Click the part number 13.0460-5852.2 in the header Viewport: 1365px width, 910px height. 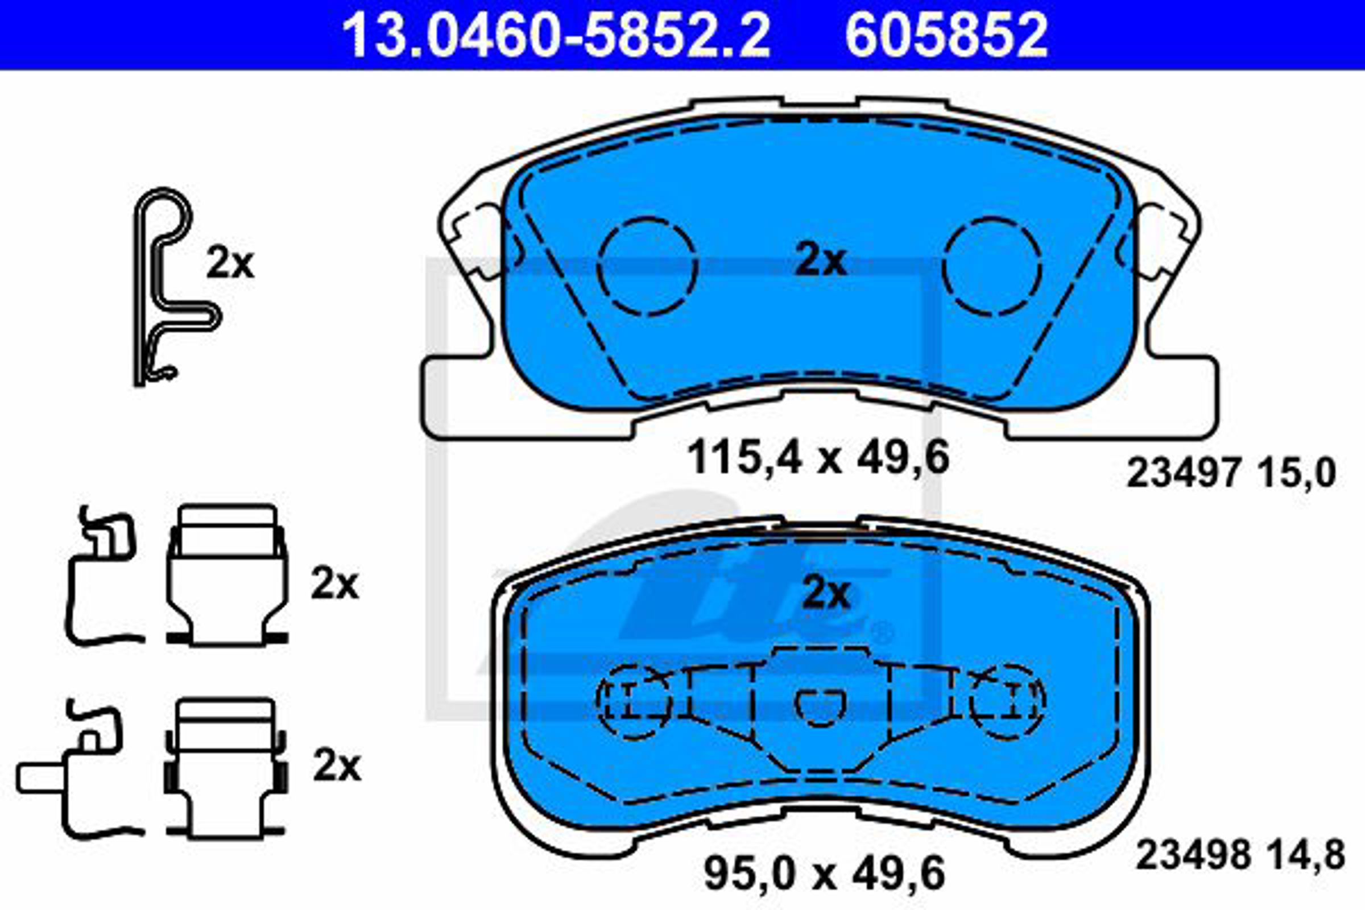[x=556, y=35]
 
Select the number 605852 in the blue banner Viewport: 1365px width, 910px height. [x=946, y=35]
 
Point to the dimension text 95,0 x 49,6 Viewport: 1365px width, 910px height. [x=824, y=874]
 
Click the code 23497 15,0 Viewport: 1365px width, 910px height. [x=1231, y=474]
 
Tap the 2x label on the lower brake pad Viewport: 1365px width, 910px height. [x=825, y=593]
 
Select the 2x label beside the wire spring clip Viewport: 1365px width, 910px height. [x=230, y=264]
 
